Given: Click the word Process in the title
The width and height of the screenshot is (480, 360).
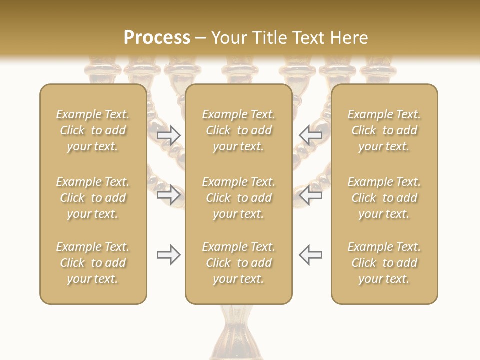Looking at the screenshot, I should [x=157, y=38].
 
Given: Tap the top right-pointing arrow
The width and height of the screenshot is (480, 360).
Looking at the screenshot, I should [x=168, y=135].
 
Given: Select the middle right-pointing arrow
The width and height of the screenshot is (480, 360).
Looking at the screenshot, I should [x=168, y=195].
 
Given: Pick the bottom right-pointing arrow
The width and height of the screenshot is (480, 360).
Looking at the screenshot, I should [x=168, y=255].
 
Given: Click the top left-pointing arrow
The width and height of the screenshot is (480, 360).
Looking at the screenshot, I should [x=311, y=135].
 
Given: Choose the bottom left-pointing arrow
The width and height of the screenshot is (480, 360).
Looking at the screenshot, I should [x=311, y=255].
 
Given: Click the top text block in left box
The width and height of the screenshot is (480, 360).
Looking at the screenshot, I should [x=93, y=130].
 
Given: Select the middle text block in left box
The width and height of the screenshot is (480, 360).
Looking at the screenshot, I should [x=93, y=198].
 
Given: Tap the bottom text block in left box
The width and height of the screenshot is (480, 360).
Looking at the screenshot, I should [x=93, y=263].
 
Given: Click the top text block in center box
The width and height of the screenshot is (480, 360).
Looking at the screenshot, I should [x=239, y=130].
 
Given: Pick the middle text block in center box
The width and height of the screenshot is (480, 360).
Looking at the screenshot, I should [x=239, y=198].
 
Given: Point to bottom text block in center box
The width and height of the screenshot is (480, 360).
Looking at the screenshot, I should [x=239, y=263].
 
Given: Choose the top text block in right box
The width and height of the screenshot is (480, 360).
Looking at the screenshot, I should [x=384, y=130].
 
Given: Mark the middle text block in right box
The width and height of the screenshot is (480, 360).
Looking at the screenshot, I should [x=384, y=198].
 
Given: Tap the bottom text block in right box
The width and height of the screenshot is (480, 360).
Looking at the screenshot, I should [x=384, y=263].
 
